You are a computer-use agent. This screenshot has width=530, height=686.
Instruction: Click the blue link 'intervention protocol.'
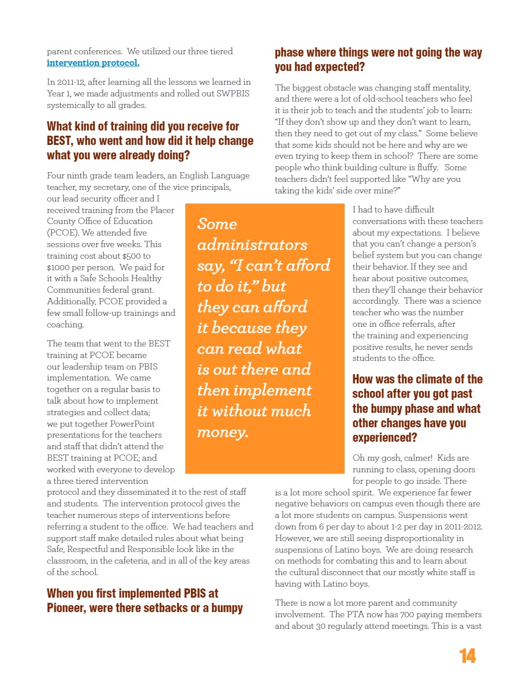(93, 63)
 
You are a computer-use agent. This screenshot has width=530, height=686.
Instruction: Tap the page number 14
(468, 657)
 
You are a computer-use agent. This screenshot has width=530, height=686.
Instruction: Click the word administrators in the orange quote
(252, 244)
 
